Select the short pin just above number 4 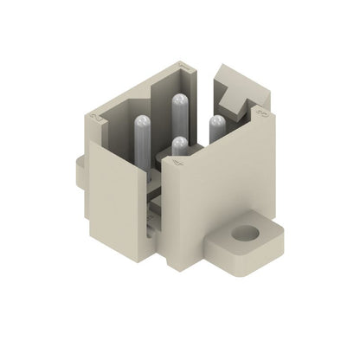pos(178,144)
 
